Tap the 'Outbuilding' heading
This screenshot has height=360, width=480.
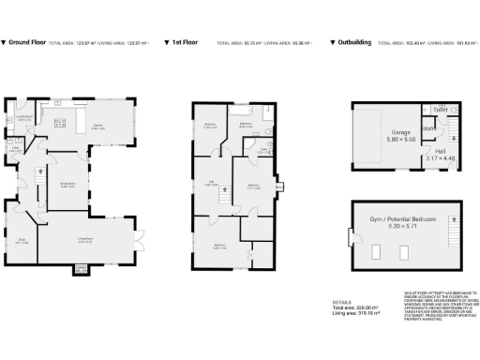tap(353, 42)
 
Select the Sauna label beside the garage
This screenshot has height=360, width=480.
tap(426, 129)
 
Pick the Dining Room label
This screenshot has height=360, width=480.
tap(67, 185)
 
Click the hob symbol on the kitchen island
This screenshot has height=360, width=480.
tap(61, 122)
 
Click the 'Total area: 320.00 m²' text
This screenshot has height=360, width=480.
tap(353, 308)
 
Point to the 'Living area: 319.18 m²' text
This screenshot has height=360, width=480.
tap(354, 315)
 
